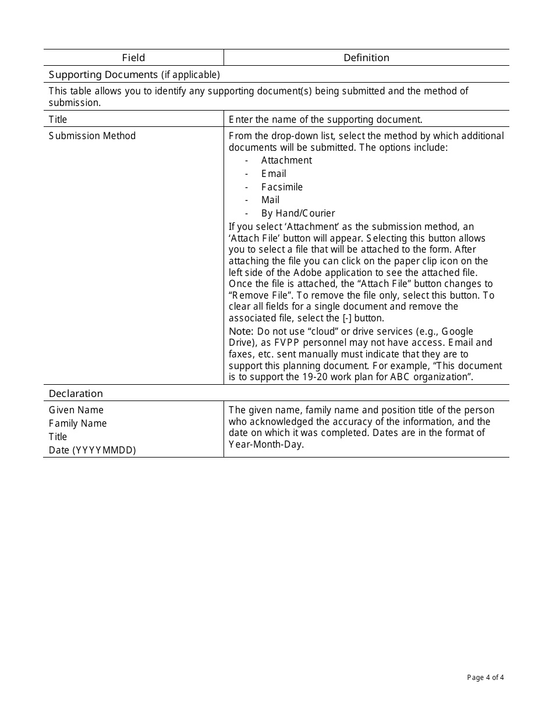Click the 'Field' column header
[133, 58]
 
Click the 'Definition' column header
[366, 58]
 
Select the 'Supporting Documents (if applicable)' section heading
[134, 75]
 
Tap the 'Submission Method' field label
[92, 136]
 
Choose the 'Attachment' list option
[286, 160]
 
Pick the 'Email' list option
[274, 173]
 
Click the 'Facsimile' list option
[282, 187]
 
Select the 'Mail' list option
[270, 200]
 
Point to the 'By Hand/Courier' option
[298, 213]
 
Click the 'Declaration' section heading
[76, 394]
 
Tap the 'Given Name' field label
[76, 410]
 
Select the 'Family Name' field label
[78, 423]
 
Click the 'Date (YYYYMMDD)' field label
[92, 450]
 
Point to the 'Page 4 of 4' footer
[485, 677]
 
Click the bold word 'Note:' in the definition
[241, 331]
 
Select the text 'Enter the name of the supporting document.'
[325, 119]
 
